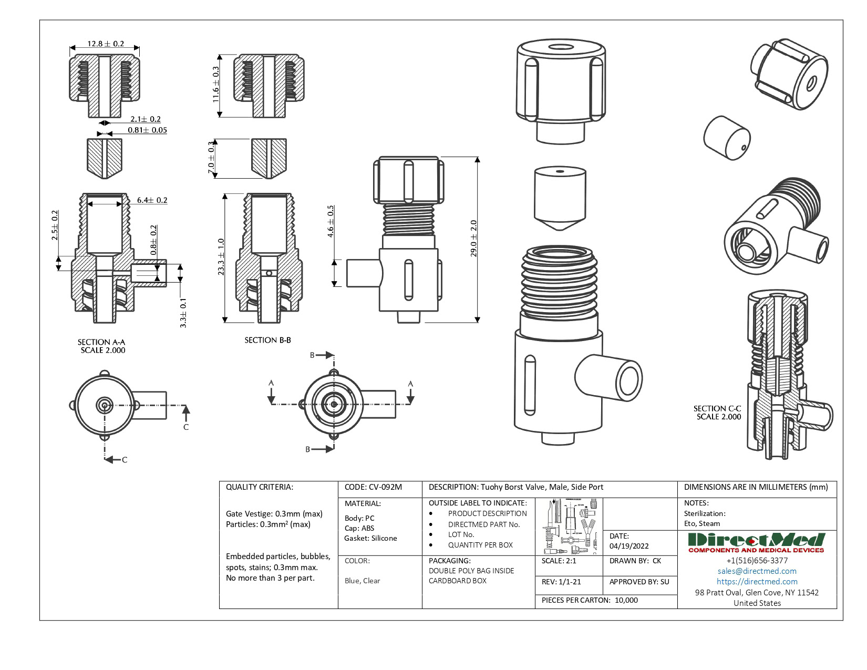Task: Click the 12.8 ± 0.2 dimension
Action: point(106,44)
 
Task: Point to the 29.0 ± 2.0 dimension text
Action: point(473,238)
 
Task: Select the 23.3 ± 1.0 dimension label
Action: point(221,257)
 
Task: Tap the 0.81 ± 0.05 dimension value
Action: point(147,130)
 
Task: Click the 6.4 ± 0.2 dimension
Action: point(152,200)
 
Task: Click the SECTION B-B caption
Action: point(267,340)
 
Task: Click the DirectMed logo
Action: point(756,542)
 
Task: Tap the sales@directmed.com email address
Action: point(757,571)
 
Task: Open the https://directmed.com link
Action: point(757,581)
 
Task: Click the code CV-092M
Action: point(373,487)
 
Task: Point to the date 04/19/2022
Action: point(629,546)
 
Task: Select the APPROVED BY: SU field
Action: point(639,582)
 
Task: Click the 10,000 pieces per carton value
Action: point(626,600)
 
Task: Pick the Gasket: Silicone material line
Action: point(370,538)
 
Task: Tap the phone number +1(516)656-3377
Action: point(757,560)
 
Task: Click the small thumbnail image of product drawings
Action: point(569,526)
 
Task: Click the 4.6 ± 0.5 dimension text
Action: point(331,221)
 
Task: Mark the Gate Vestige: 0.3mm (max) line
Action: point(274,513)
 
